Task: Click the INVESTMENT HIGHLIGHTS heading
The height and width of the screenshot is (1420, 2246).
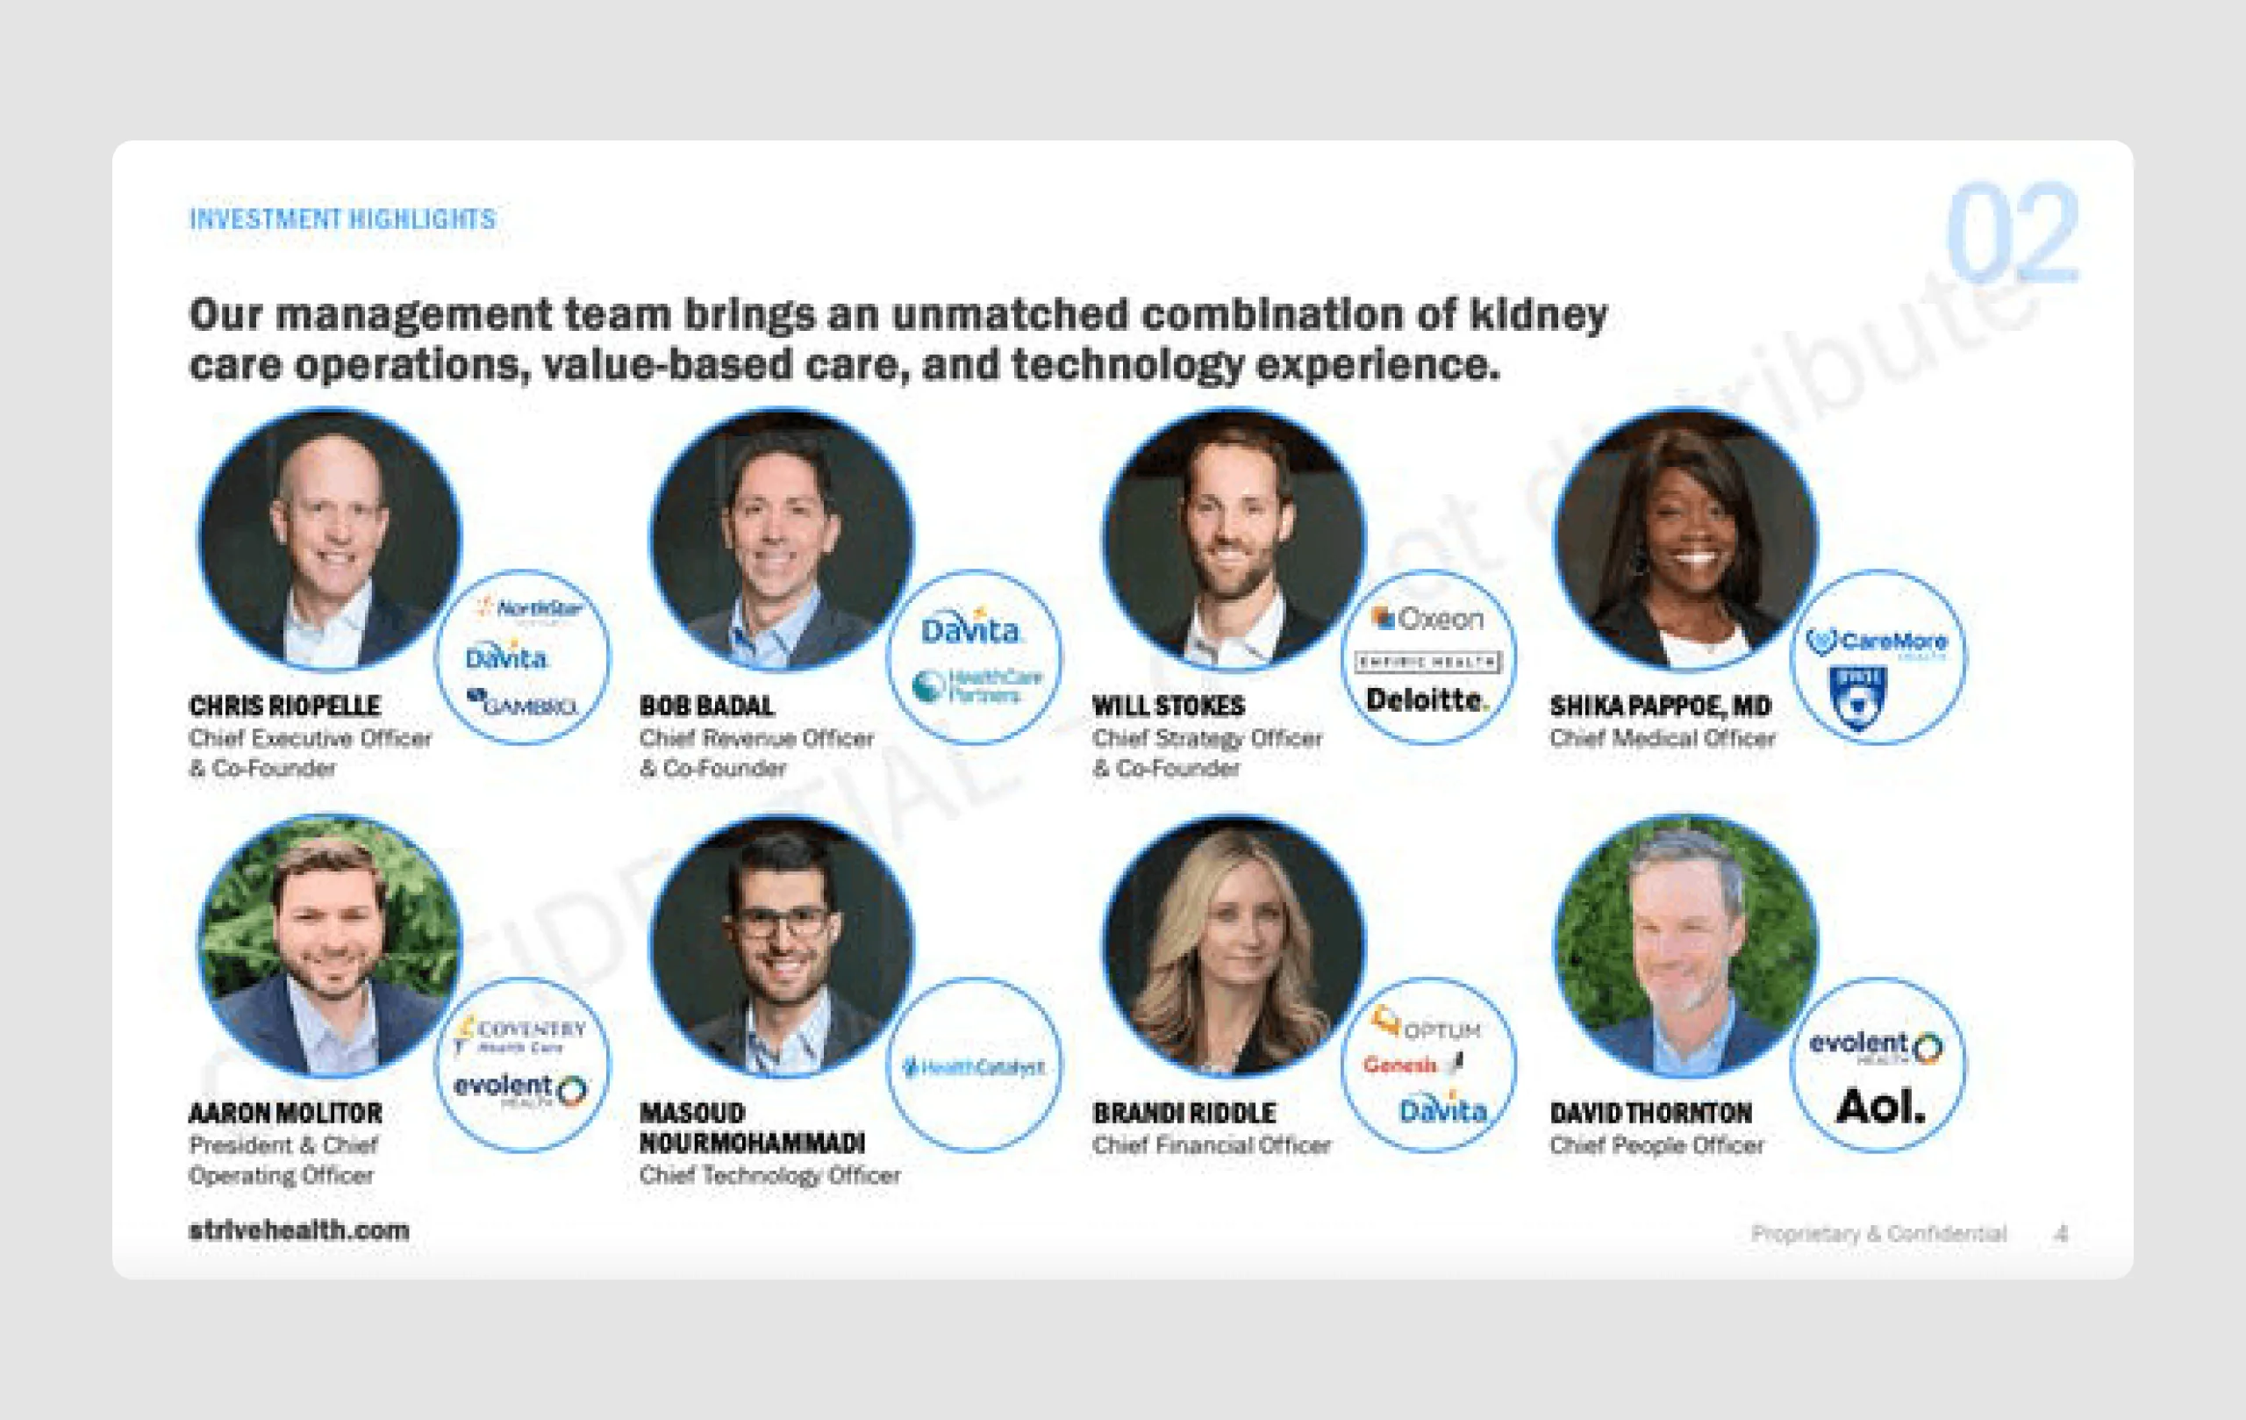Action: pyautogui.click(x=342, y=219)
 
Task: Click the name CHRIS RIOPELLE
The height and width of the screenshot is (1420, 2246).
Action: pyautogui.click(x=284, y=706)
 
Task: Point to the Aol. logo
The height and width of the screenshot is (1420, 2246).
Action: pyautogui.click(x=1879, y=1107)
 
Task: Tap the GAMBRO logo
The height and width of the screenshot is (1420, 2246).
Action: pyautogui.click(x=522, y=705)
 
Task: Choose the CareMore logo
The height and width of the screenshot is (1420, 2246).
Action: pyautogui.click(x=1877, y=642)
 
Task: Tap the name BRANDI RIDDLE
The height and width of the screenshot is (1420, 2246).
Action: pyautogui.click(x=1184, y=1113)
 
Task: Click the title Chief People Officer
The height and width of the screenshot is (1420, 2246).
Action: pyautogui.click(x=1656, y=1144)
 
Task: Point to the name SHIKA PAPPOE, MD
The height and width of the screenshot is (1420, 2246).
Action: pyautogui.click(x=1660, y=706)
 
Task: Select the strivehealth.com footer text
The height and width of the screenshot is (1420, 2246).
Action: pyautogui.click(x=298, y=1230)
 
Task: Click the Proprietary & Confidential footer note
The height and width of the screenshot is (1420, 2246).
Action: pyautogui.click(x=1878, y=1233)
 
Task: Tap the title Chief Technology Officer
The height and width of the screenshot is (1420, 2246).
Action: pyautogui.click(x=769, y=1175)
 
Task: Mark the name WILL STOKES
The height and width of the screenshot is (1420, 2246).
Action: pyautogui.click(x=1168, y=706)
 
